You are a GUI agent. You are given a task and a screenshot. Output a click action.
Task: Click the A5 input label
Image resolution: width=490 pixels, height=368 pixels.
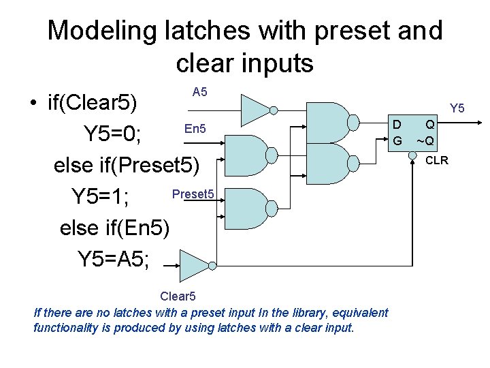pos(199,91)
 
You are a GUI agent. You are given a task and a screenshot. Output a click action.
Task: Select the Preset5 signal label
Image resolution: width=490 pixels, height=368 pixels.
pos(193,194)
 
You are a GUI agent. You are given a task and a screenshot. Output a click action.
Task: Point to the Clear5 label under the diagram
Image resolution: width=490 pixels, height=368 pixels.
pos(178,296)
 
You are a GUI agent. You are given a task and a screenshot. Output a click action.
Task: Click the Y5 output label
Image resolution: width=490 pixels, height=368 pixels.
pos(457,108)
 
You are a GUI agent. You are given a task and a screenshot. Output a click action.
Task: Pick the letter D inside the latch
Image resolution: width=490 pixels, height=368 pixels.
pos(396,125)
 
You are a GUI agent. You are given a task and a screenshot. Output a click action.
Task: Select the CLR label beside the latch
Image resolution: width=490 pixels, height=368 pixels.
pos(436,161)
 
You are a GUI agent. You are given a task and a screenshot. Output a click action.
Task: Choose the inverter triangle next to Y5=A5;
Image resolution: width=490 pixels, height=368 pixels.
pos(194,264)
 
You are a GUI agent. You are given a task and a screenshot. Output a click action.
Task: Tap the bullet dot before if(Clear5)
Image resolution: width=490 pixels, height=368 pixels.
pos(32,104)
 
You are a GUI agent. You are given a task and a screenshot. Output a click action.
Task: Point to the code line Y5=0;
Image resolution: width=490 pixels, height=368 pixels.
pos(112,134)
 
